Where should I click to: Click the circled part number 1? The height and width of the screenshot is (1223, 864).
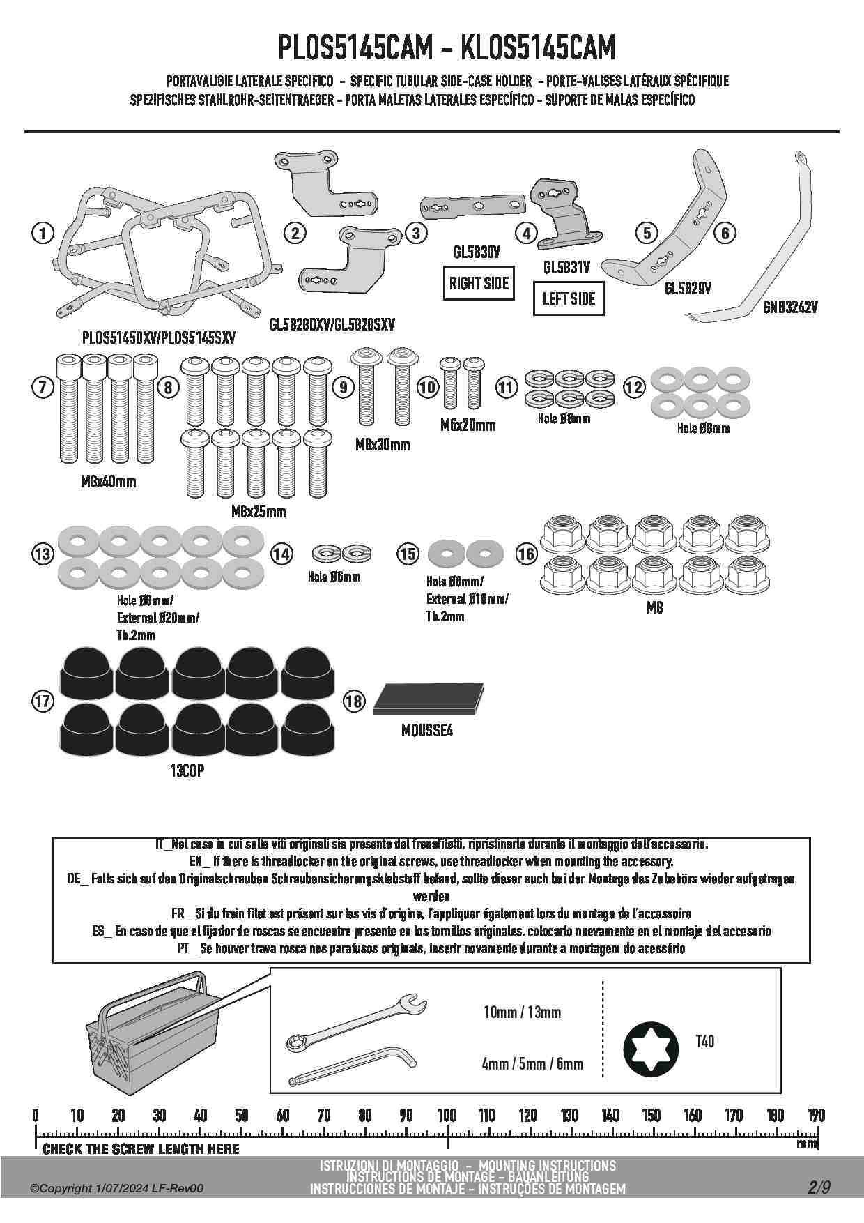click(x=43, y=233)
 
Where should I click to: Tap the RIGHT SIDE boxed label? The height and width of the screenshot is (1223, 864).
click(x=479, y=284)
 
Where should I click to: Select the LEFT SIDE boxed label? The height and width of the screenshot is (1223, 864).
click(x=569, y=299)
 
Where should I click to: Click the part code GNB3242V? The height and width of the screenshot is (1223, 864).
click(x=789, y=307)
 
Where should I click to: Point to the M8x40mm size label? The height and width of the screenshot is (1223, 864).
click(x=109, y=482)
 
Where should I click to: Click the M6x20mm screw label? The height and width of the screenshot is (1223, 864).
click(x=468, y=425)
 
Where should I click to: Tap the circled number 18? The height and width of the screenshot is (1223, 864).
click(x=354, y=700)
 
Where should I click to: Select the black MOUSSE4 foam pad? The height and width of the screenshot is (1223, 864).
click(x=429, y=699)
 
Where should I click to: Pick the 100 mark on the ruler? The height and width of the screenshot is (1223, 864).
click(x=447, y=1115)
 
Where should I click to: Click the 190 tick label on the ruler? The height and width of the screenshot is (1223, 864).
click(x=816, y=1115)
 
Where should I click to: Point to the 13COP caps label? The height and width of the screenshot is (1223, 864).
click(x=187, y=771)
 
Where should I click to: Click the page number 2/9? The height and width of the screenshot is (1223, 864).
click(x=819, y=1187)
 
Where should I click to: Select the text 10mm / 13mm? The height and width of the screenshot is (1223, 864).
click(x=522, y=1012)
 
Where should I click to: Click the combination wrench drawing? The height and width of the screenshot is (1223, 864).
click(x=355, y=1024)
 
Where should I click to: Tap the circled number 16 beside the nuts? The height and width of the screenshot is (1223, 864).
click(x=527, y=554)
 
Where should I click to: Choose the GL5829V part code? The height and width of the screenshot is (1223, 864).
click(x=688, y=288)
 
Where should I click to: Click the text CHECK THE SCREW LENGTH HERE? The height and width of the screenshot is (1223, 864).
click(x=141, y=1148)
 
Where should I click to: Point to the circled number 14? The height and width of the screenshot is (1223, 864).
click(x=281, y=554)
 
